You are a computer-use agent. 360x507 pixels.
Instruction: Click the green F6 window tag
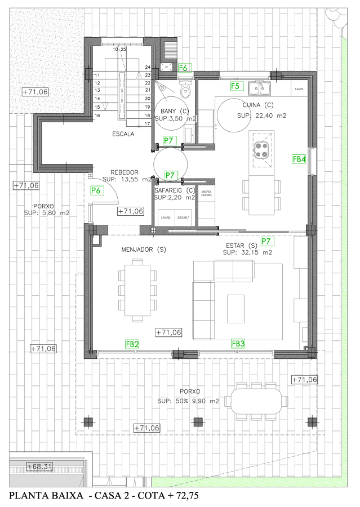tap(183, 68)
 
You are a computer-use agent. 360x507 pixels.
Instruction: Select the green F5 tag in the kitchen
tap(235, 86)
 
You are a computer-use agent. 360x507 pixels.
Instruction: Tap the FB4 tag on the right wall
tap(299, 159)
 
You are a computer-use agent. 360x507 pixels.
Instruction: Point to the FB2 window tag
tap(132, 344)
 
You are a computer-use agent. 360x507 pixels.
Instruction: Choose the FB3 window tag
tap(238, 344)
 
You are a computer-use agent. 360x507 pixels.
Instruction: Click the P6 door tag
tap(96, 190)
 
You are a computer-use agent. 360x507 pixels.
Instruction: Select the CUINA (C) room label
tap(258, 105)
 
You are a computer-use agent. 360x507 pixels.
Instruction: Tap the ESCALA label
tap(123, 134)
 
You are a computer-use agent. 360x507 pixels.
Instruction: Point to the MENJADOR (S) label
tap(144, 249)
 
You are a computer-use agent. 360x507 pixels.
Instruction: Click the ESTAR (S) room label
tap(241, 245)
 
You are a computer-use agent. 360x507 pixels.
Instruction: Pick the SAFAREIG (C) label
tap(174, 190)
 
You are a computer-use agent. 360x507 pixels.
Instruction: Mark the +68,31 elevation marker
tap(39, 466)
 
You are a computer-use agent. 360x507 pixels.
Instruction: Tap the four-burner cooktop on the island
tap(262, 149)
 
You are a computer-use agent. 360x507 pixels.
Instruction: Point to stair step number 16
tap(97, 115)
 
